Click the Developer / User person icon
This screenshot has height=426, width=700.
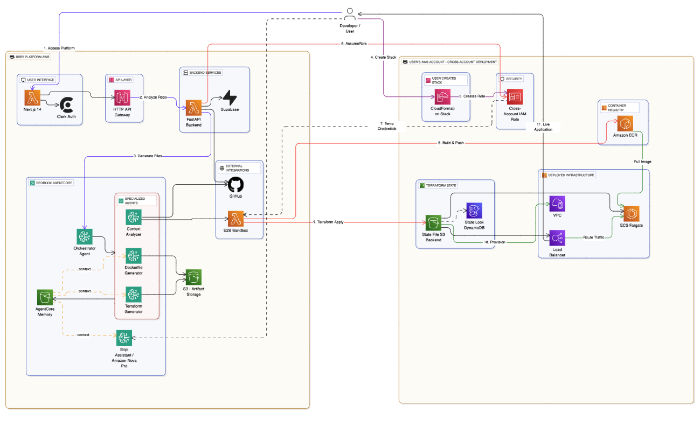click(x=350, y=11)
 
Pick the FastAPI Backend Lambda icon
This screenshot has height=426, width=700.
click(x=193, y=108)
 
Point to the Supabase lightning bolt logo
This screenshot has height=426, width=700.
click(x=230, y=98)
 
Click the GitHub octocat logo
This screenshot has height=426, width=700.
click(x=235, y=185)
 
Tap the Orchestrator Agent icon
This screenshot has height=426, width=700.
click(x=85, y=237)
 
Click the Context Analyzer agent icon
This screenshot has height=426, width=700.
click(x=134, y=217)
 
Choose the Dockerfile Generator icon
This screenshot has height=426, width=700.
click(x=134, y=256)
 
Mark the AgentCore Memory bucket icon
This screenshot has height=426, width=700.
click(x=45, y=297)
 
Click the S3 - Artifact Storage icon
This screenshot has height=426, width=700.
click(x=193, y=277)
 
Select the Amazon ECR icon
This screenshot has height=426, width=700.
click(x=625, y=123)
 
